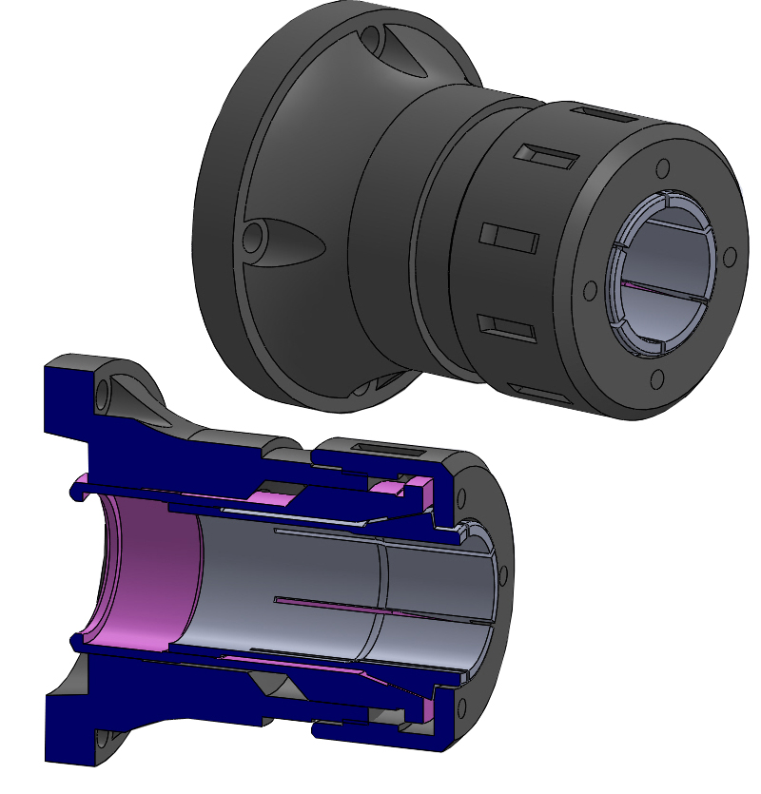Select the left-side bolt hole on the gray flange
[254, 237]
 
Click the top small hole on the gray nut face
[663, 168]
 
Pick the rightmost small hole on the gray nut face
[730, 258]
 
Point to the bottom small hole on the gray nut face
[655, 380]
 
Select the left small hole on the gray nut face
[590, 289]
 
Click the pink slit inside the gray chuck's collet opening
[656, 289]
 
